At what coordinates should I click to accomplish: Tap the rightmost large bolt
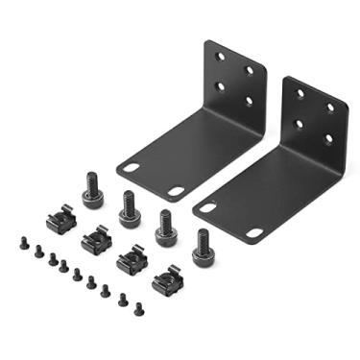(x=203, y=248)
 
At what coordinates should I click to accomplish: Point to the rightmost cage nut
(x=166, y=281)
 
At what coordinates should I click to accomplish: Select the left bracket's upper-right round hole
(x=251, y=69)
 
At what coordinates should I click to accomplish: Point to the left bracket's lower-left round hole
(x=220, y=85)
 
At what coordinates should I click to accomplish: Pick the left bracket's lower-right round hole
(x=251, y=100)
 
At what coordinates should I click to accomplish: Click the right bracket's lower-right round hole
(x=329, y=139)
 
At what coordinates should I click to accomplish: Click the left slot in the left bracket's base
(x=132, y=167)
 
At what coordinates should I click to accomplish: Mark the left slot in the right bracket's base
(x=207, y=205)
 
